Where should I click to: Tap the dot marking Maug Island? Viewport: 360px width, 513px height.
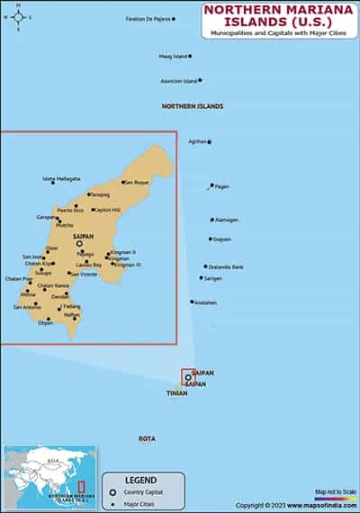[189, 56]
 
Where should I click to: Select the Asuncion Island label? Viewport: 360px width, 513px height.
[178, 81]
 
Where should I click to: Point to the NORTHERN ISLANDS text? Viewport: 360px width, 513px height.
[193, 106]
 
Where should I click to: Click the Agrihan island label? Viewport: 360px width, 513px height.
[197, 141]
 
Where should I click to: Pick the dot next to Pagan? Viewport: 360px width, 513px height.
[211, 186]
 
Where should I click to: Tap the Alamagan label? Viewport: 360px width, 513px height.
[226, 220]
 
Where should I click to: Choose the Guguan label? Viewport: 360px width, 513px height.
[221, 239]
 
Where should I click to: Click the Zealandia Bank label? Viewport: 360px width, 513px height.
[225, 266]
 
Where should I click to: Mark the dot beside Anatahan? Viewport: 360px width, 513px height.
[192, 301]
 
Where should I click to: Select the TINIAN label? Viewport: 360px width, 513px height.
[176, 393]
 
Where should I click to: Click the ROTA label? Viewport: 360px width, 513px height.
[147, 438]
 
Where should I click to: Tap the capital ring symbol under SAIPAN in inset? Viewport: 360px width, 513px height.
[78, 243]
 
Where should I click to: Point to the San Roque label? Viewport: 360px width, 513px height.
[137, 183]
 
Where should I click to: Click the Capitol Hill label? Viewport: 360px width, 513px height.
[106, 210]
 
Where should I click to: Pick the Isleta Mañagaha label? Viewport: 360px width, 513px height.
[61, 178]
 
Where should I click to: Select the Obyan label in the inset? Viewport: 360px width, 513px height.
[45, 322]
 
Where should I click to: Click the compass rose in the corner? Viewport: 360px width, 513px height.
[19, 16]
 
